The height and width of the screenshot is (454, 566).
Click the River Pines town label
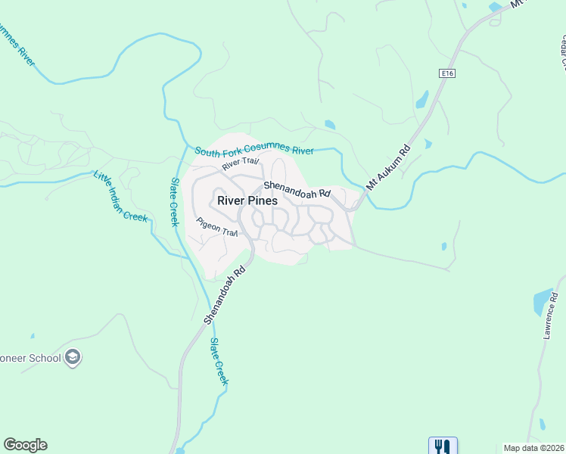[247, 201]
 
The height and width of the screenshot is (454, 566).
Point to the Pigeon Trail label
[217, 228]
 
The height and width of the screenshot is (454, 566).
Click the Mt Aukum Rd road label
[388, 166]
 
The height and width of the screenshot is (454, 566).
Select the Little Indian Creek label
[120, 196]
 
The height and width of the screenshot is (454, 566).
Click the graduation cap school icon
[73, 357]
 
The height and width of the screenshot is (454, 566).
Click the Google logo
[25, 445]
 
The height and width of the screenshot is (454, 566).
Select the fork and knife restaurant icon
[443, 446]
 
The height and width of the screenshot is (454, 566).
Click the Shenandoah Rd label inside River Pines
[297, 189]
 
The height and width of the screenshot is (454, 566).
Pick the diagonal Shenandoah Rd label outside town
[225, 294]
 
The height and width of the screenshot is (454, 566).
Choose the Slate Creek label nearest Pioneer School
[218, 362]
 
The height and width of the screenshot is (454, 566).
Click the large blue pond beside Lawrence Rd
[543, 302]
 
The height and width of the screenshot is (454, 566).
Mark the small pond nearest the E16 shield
[422, 99]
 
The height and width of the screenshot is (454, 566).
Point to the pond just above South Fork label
[329, 125]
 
